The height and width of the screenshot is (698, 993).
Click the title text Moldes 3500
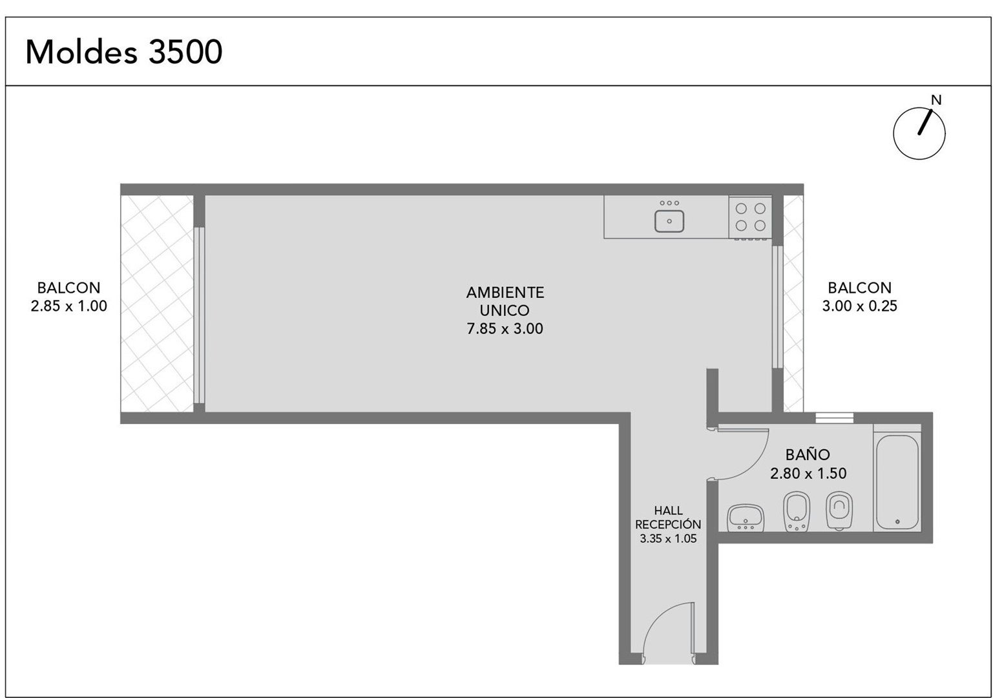(x=123, y=52)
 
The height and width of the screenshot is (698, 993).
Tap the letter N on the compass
(x=936, y=100)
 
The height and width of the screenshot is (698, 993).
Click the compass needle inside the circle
(x=925, y=122)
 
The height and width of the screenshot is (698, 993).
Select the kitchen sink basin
(x=669, y=221)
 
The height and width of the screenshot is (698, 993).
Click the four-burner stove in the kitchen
(x=751, y=217)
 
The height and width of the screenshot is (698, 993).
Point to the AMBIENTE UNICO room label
(x=505, y=301)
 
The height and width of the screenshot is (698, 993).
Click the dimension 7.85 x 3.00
(x=505, y=328)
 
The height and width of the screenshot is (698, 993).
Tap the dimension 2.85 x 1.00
(x=68, y=306)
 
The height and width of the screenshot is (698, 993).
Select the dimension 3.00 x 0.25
(x=859, y=306)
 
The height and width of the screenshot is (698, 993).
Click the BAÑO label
(x=808, y=454)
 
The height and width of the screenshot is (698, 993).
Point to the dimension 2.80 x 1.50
(x=808, y=474)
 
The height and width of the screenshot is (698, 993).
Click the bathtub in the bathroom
(x=897, y=482)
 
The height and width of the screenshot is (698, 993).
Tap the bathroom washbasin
(x=746, y=518)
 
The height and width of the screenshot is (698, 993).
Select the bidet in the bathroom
(x=797, y=511)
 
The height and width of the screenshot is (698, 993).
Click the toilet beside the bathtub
(x=839, y=511)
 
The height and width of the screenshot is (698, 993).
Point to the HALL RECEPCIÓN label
(x=668, y=518)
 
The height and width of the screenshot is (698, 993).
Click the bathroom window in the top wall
(x=834, y=418)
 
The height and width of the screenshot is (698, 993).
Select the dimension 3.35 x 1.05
(x=668, y=539)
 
